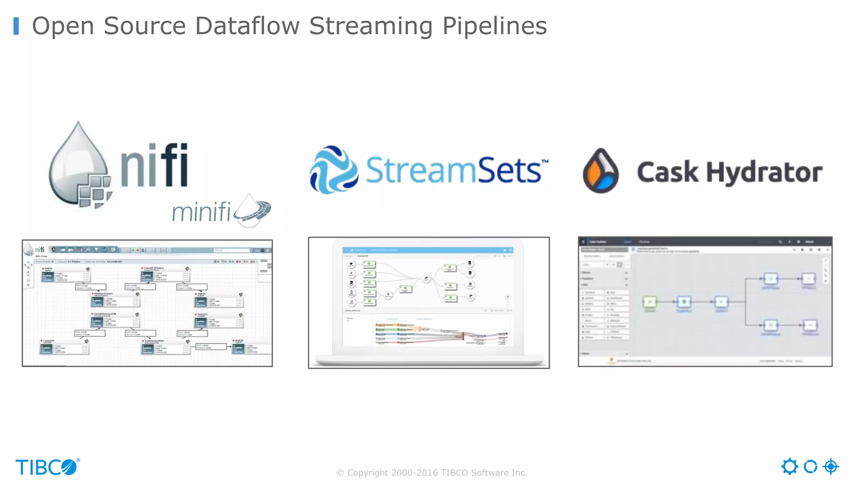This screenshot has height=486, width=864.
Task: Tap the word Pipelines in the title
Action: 494,27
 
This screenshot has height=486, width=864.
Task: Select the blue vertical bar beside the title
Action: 16,26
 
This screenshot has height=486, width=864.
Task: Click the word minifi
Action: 201,212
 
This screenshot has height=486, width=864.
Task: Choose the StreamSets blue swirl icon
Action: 334,170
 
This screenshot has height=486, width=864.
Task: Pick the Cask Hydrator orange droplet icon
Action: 601,171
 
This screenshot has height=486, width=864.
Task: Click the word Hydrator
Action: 764,172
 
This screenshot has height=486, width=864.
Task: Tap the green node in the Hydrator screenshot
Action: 650,302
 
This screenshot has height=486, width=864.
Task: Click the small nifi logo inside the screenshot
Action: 35,249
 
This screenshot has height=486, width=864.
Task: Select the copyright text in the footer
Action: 432,472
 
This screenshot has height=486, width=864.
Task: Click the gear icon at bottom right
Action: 789,467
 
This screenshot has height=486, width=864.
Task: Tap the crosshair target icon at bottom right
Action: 831,467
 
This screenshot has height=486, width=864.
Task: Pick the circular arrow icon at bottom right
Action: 810,467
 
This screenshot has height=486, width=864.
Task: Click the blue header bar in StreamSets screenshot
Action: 428,250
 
